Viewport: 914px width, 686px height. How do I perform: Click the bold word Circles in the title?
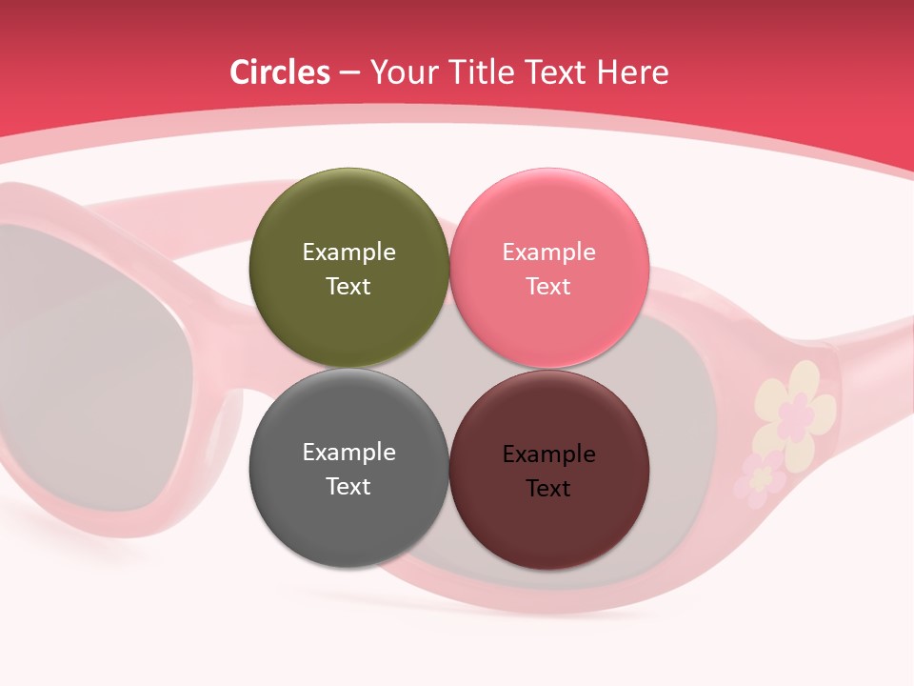280,72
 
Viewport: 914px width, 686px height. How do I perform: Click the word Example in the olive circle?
348,252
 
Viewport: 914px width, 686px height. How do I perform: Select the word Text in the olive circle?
348,287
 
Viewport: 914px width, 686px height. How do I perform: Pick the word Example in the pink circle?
548,252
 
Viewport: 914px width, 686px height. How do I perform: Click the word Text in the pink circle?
548,287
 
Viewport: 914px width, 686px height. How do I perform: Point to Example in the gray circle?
348,453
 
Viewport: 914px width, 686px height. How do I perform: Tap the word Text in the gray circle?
348,487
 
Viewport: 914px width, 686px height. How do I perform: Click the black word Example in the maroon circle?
548,454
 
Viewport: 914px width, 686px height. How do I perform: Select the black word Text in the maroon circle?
548,489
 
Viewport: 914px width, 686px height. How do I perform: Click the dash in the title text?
349,73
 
